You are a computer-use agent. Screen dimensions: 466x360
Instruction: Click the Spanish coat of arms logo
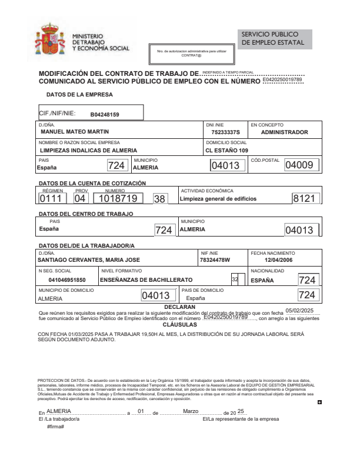click(50, 41)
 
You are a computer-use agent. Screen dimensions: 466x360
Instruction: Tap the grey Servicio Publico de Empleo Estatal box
click(275, 39)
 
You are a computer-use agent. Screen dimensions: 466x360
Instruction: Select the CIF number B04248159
click(105, 114)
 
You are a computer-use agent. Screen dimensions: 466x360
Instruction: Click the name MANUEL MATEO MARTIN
click(74, 132)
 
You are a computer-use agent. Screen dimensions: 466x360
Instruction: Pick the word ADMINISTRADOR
click(284, 132)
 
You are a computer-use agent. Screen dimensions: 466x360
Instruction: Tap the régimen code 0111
click(52, 199)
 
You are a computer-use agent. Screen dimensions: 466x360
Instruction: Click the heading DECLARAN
click(180, 307)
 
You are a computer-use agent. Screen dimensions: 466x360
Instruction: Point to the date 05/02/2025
click(300, 311)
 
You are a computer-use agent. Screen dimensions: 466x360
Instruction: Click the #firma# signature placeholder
click(55, 425)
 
